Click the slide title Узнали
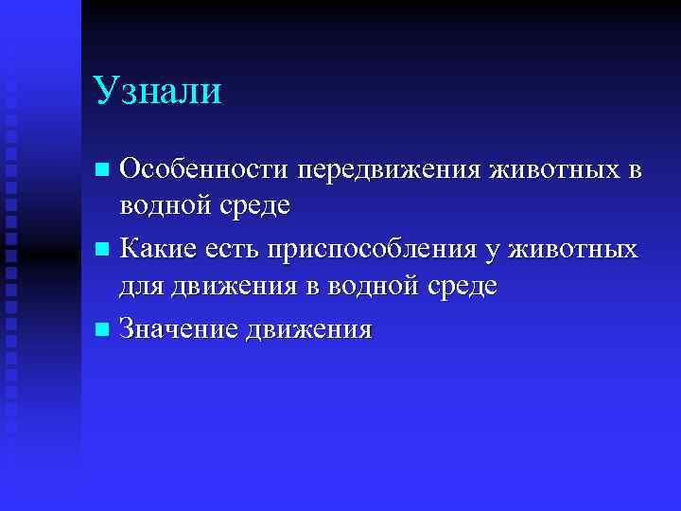coord(158,92)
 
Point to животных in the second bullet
coord(573,251)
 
